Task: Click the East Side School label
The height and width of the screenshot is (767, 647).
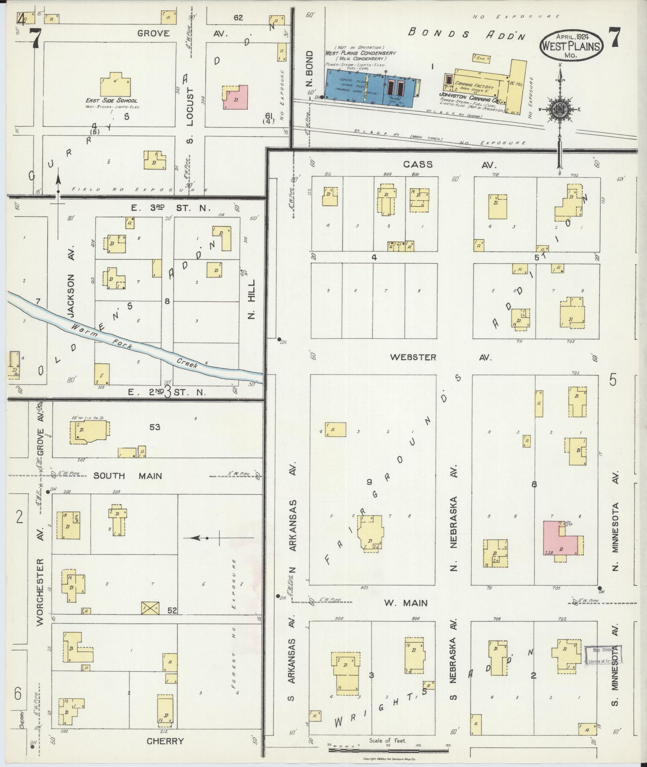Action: click(x=111, y=101)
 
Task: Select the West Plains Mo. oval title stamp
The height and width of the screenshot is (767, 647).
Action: click(x=572, y=46)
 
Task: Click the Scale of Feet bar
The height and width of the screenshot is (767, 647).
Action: click(x=388, y=749)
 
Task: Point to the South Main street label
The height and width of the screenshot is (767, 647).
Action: click(x=128, y=476)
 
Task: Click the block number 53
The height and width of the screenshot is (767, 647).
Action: click(x=155, y=427)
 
